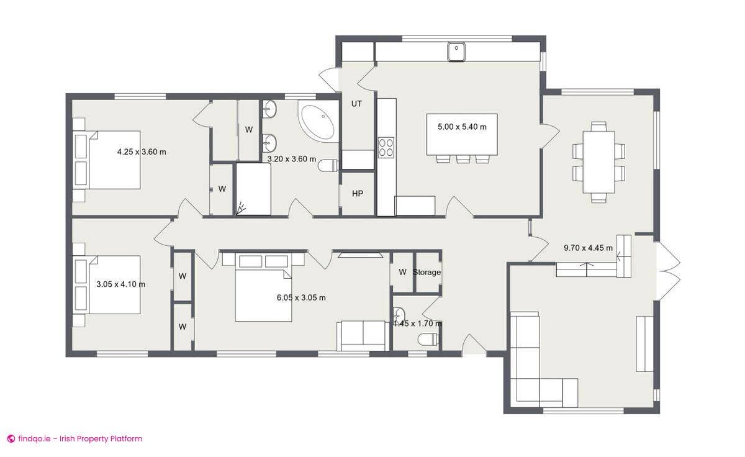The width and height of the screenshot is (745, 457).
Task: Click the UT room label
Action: click(356, 104)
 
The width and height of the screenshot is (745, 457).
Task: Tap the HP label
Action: click(358, 194)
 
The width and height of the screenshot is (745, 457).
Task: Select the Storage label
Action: click(427, 272)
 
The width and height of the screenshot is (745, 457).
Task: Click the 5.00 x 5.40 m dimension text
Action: click(462, 127)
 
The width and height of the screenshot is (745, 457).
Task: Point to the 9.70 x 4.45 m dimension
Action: click(588, 248)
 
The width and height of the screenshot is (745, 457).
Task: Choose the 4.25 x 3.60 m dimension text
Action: click(142, 152)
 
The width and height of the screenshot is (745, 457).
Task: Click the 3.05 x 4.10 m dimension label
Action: click(120, 284)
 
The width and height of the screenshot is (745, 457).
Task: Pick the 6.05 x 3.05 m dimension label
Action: click(301, 297)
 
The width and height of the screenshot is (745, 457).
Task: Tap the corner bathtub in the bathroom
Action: click(318, 122)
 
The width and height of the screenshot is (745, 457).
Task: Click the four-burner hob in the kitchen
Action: click(386, 147)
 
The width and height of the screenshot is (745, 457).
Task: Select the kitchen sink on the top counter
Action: click(457, 52)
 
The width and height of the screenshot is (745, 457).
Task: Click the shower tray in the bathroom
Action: click(253, 189)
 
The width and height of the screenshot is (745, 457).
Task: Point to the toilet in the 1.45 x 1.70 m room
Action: click(428, 339)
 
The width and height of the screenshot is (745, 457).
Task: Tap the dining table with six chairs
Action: click(598, 162)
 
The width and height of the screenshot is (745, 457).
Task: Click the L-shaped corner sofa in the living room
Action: click(534, 366)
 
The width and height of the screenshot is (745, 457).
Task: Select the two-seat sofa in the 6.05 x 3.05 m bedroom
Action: click(363, 335)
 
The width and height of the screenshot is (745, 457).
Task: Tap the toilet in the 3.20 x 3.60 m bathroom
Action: click(328, 165)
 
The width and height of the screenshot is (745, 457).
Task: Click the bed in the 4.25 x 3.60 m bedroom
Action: click(115, 160)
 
